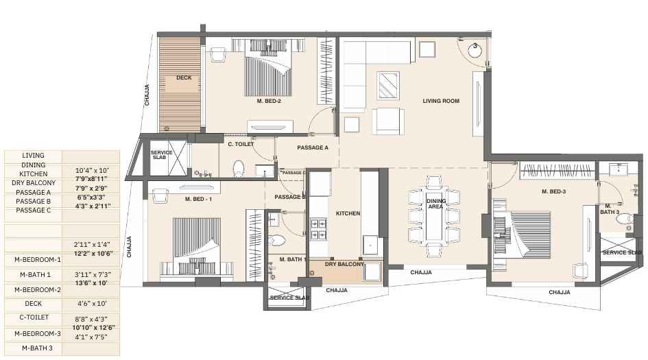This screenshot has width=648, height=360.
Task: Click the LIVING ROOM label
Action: click(441, 101)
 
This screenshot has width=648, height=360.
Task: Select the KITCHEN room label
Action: click(348, 214)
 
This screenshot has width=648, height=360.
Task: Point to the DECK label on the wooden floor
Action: click(184, 78)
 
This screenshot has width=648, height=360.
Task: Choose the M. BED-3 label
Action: click(553, 192)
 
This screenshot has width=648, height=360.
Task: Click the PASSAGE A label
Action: click(313, 148)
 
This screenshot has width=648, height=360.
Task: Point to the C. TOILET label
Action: click(241, 145)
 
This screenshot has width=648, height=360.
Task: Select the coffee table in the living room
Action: click(388, 86)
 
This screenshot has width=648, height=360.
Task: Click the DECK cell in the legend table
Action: click(33, 303)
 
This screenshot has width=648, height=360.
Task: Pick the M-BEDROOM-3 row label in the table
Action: click(33, 333)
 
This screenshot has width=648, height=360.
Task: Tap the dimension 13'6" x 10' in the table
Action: click(91, 282)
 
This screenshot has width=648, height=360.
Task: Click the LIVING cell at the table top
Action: click(33, 156)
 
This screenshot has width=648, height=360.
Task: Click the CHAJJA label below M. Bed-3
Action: click(560, 293)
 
